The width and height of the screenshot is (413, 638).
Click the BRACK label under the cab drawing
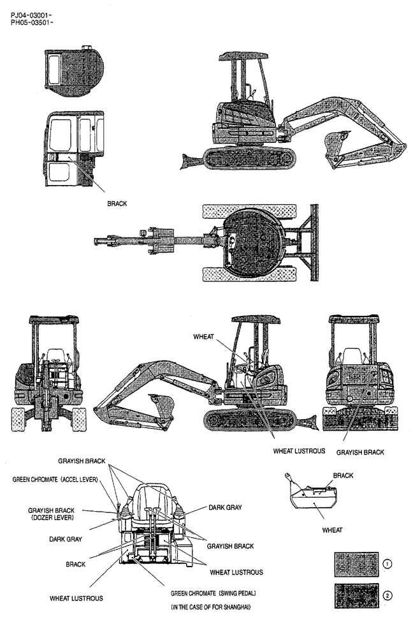[118, 204]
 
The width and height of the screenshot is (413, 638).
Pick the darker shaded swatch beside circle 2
[356, 597]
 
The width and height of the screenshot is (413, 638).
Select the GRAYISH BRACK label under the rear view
[360, 452]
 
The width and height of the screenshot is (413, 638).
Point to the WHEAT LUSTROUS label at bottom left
[76, 598]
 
